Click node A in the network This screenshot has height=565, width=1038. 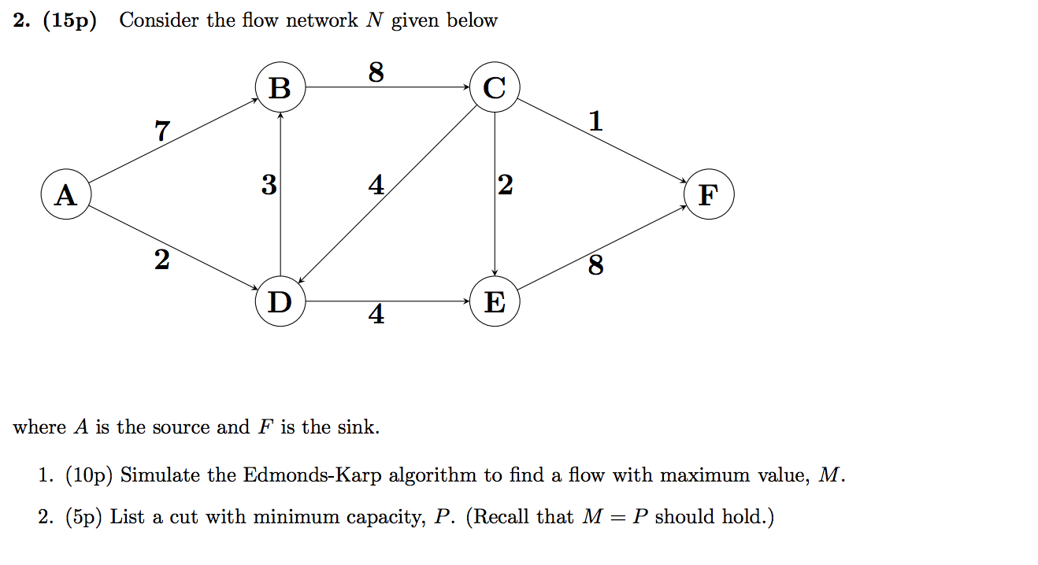point(66,194)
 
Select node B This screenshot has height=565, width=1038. point(280,87)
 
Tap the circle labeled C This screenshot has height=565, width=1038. point(494,87)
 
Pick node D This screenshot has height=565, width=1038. point(280,301)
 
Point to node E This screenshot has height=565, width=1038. point(494,301)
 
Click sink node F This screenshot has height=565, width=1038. point(709,194)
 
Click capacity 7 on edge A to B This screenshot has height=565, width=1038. point(161,131)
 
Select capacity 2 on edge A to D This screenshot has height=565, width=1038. point(161,259)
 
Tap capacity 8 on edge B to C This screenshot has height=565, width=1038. point(376,72)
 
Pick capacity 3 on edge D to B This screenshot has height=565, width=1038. point(269,186)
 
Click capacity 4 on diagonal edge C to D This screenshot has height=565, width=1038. point(376,186)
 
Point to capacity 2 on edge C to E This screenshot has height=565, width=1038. point(506,186)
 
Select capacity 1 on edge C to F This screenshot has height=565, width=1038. point(595,121)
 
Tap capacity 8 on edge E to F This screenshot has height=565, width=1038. point(596,267)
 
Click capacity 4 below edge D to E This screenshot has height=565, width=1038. point(376,316)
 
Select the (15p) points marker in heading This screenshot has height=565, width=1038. point(69,21)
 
